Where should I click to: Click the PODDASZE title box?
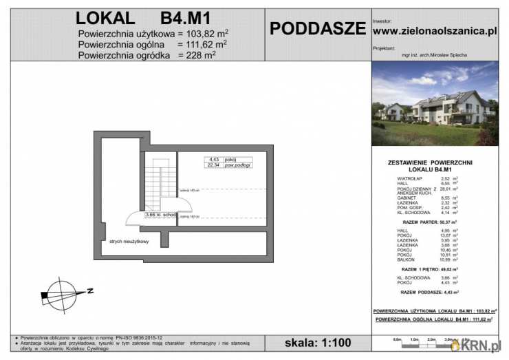tap(317, 28)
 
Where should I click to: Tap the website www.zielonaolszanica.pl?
tap(434, 30)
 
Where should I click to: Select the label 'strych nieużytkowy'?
tap(129, 242)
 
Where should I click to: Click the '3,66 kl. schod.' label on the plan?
tap(161, 215)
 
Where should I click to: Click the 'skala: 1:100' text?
tap(317, 342)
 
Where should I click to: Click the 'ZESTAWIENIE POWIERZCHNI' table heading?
tap(435, 162)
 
